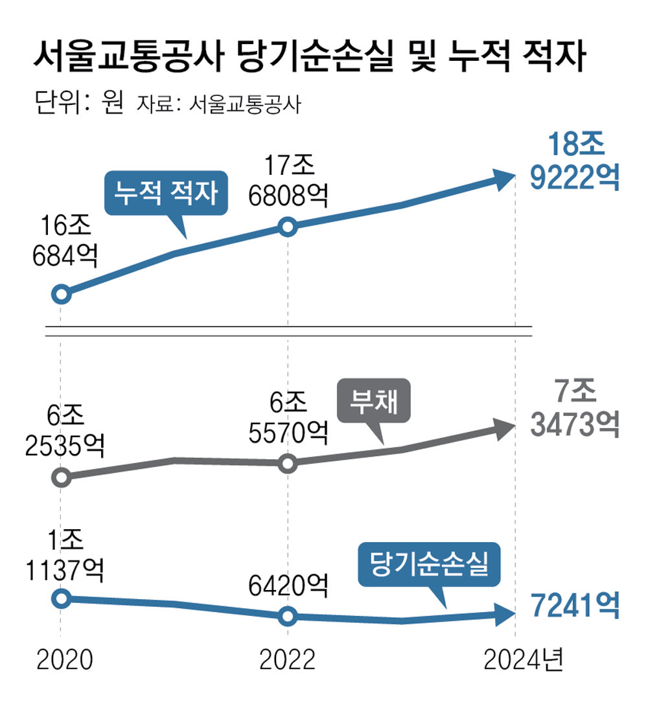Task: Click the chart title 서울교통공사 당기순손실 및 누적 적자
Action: pyautogui.click(x=309, y=58)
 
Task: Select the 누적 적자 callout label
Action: pyautogui.click(x=166, y=192)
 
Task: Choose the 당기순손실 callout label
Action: pyautogui.click(x=429, y=565)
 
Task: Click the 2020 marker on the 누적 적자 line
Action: pyautogui.click(x=61, y=294)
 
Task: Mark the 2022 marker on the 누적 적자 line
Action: pyautogui.click(x=288, y=227)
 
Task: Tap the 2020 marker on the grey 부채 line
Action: pyautogui.click(x=61, y=478)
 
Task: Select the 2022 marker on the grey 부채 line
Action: pyautogui.click(x=288, y=463)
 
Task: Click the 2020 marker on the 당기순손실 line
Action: pyautogui.click(x=61, y=598)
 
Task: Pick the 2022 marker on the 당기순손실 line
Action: pyautogui.click(x=288, y=616)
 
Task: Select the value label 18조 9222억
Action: pyautogui.click(x=573, y=162)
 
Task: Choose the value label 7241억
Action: pyautogui.click(x=573, y=606)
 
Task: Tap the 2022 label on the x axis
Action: pyautogui.click(x=287, y=660)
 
